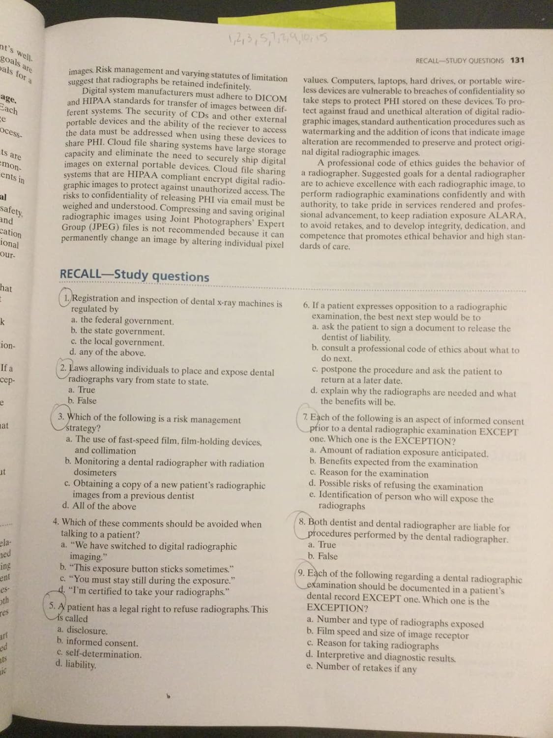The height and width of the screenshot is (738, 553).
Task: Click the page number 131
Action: [518, 60]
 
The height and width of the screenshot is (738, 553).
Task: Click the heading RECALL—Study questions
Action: [134, 275]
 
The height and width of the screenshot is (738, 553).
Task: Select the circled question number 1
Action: [66, 298]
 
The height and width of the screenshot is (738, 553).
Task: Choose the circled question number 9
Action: [301, 573]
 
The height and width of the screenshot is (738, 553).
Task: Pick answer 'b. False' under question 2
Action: [82, 401]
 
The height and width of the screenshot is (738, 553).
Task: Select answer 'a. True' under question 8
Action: [322, 545]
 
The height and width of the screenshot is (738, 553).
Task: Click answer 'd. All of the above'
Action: [99, 506]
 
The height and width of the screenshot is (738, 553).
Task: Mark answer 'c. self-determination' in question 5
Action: [99, 654]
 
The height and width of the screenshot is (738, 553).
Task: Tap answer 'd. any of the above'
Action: [108, 352]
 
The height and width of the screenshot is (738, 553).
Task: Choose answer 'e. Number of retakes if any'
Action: [361, 668]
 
